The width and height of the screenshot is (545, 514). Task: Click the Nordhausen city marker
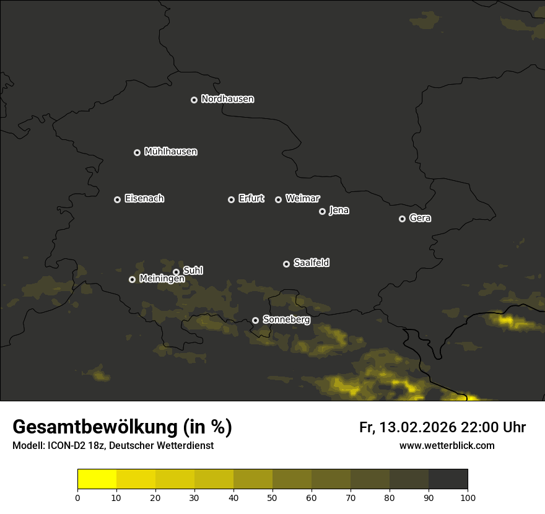tap(194, 100)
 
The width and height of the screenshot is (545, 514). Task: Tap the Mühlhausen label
tap(170, 152)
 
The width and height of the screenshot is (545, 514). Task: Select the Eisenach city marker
tap(117, 199)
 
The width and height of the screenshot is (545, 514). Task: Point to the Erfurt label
tap(251, 199)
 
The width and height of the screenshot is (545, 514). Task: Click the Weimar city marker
tap(278, 199)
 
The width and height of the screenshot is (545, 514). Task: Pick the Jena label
tap(339, 211)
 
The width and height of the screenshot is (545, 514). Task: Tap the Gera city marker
tap(402, 219)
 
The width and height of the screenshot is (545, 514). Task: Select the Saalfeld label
tap(311, 263)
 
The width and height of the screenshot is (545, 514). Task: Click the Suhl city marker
tap(176, 272)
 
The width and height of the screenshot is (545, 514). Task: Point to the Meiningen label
tap(162, 279)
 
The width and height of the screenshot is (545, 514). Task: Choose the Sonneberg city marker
tap(255, 321)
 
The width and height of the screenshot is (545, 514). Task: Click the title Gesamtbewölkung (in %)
tap(122, 427)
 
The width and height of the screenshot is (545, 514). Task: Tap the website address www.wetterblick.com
tap(447, 446)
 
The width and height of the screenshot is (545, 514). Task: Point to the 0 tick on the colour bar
tap(77, 497)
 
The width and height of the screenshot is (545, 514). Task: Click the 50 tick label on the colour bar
tap(272, 497)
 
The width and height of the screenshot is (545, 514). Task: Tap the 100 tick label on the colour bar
tap(468, 497)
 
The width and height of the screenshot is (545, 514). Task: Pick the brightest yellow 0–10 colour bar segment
tap(97, 479)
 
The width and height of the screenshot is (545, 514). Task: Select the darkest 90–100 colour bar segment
tap(448, 479)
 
